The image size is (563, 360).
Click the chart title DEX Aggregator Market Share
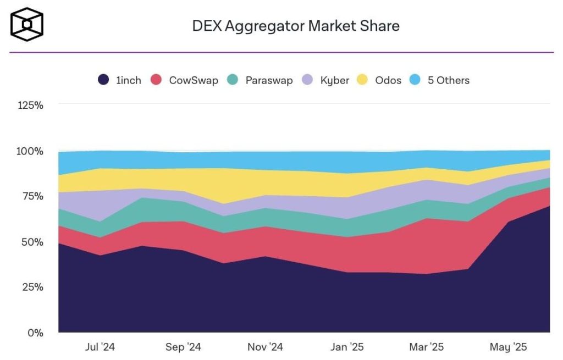tap(296, 25)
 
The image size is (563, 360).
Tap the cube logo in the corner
tap(26, 25)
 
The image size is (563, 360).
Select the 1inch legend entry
tap(120, 80)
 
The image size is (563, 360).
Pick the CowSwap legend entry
tap(185, 80)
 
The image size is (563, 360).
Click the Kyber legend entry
tap(327, 80)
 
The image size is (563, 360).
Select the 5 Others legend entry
tap(440, 80)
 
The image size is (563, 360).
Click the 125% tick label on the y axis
tap(30, 105)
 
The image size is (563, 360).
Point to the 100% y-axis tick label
tap(30, 151)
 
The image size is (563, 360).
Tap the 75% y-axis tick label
tap(32, 196)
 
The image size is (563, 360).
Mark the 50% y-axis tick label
tap(32, 242)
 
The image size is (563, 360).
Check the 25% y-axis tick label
tap(32, 287)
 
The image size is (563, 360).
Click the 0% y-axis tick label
tap(35, 333)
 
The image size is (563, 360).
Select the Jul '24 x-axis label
tap(100, 347)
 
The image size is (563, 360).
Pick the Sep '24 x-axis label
tap(183, 347)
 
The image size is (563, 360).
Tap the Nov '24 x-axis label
tap(265, 347)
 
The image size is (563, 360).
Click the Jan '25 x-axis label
tap(347, 347)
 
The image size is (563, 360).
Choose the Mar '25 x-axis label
tap(426, 347)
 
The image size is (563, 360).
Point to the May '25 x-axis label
tap(509, 347)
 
